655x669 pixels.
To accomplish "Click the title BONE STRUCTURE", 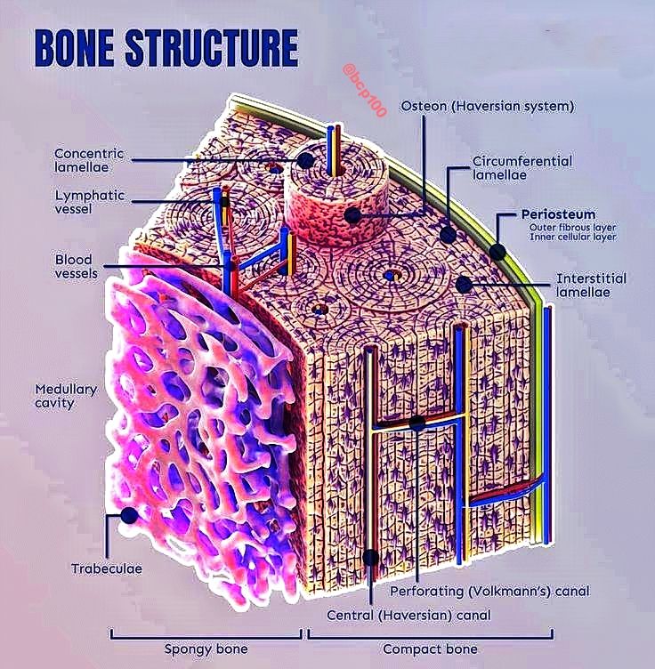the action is [x=166, y=47].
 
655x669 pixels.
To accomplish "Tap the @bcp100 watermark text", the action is [x=365, y=91].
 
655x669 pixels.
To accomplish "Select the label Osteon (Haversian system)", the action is [x=488, y=106].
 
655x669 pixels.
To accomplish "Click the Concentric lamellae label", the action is [x=89, y=160].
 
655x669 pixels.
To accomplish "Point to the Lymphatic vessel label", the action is [x=90, y=202].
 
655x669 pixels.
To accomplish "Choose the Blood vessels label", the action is [x=76, y=266].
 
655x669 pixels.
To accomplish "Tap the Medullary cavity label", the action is [x=66, y=396].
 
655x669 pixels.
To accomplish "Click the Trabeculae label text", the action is [x=107, y=568].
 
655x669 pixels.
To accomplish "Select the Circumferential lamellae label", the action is [x=522, y=168].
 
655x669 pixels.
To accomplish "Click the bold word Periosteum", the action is [x=558, y=214].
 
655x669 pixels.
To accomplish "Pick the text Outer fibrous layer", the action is [x=572, y=228].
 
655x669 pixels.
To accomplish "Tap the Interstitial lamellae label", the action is [x=591, y=285].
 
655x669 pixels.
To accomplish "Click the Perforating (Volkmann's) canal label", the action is [x=489, y=592].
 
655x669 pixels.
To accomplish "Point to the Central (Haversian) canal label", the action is [x=408, y=616].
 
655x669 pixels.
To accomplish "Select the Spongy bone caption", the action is [x=206, y=649].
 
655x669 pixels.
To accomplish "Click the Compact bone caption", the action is [x=430, y=649].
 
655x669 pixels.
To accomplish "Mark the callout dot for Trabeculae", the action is [x=129, y=515].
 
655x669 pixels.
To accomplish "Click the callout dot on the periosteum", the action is [x=497, y=252].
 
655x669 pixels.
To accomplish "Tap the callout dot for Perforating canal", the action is [x=416, y=423].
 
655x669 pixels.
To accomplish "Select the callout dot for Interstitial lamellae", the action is [x=464, y=284].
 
